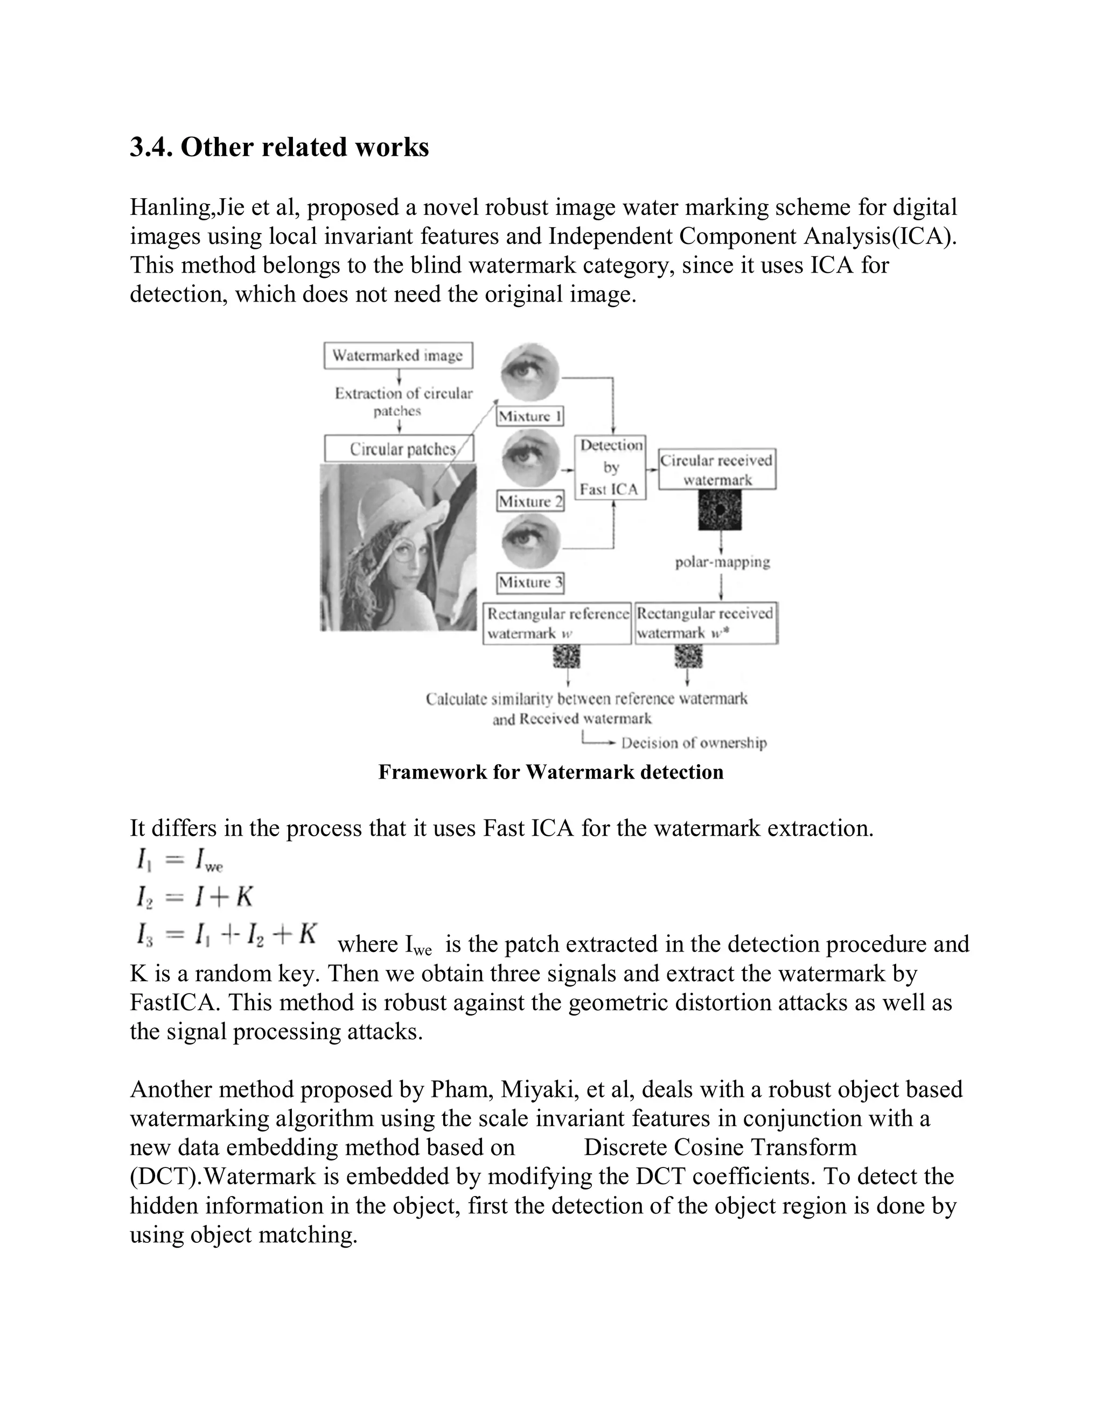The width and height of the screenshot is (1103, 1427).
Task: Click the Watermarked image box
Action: pyautogui.click(x=398, y=355)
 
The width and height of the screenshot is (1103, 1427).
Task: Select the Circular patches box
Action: pyautogui.click(x=399, y=450)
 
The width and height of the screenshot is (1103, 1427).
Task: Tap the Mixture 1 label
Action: pyautogui.click(x=530, y=416)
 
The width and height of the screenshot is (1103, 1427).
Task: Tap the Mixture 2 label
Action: pyautogui.click(x=530, y=501)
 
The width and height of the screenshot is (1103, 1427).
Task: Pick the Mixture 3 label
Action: pyautogui.click(x=530, y=582)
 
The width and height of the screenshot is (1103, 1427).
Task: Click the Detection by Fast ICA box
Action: pyautogui.click(x=610, y=467)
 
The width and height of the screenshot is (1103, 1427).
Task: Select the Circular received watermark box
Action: pyautogui.click(x=716, y=469)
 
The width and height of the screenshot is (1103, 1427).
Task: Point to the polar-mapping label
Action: pyautogui.click(x=722, y=562)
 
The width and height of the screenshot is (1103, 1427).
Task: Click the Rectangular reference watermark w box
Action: pyautogui.click(x=557, y=624)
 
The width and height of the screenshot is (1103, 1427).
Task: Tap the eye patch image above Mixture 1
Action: pyautogui.click(x=530, y=373)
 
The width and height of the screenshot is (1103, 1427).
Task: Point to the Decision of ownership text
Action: pyautogui.click(x=693, y=743)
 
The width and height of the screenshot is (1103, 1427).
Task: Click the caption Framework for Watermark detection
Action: pyautogui.click(x=551, y=772)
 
